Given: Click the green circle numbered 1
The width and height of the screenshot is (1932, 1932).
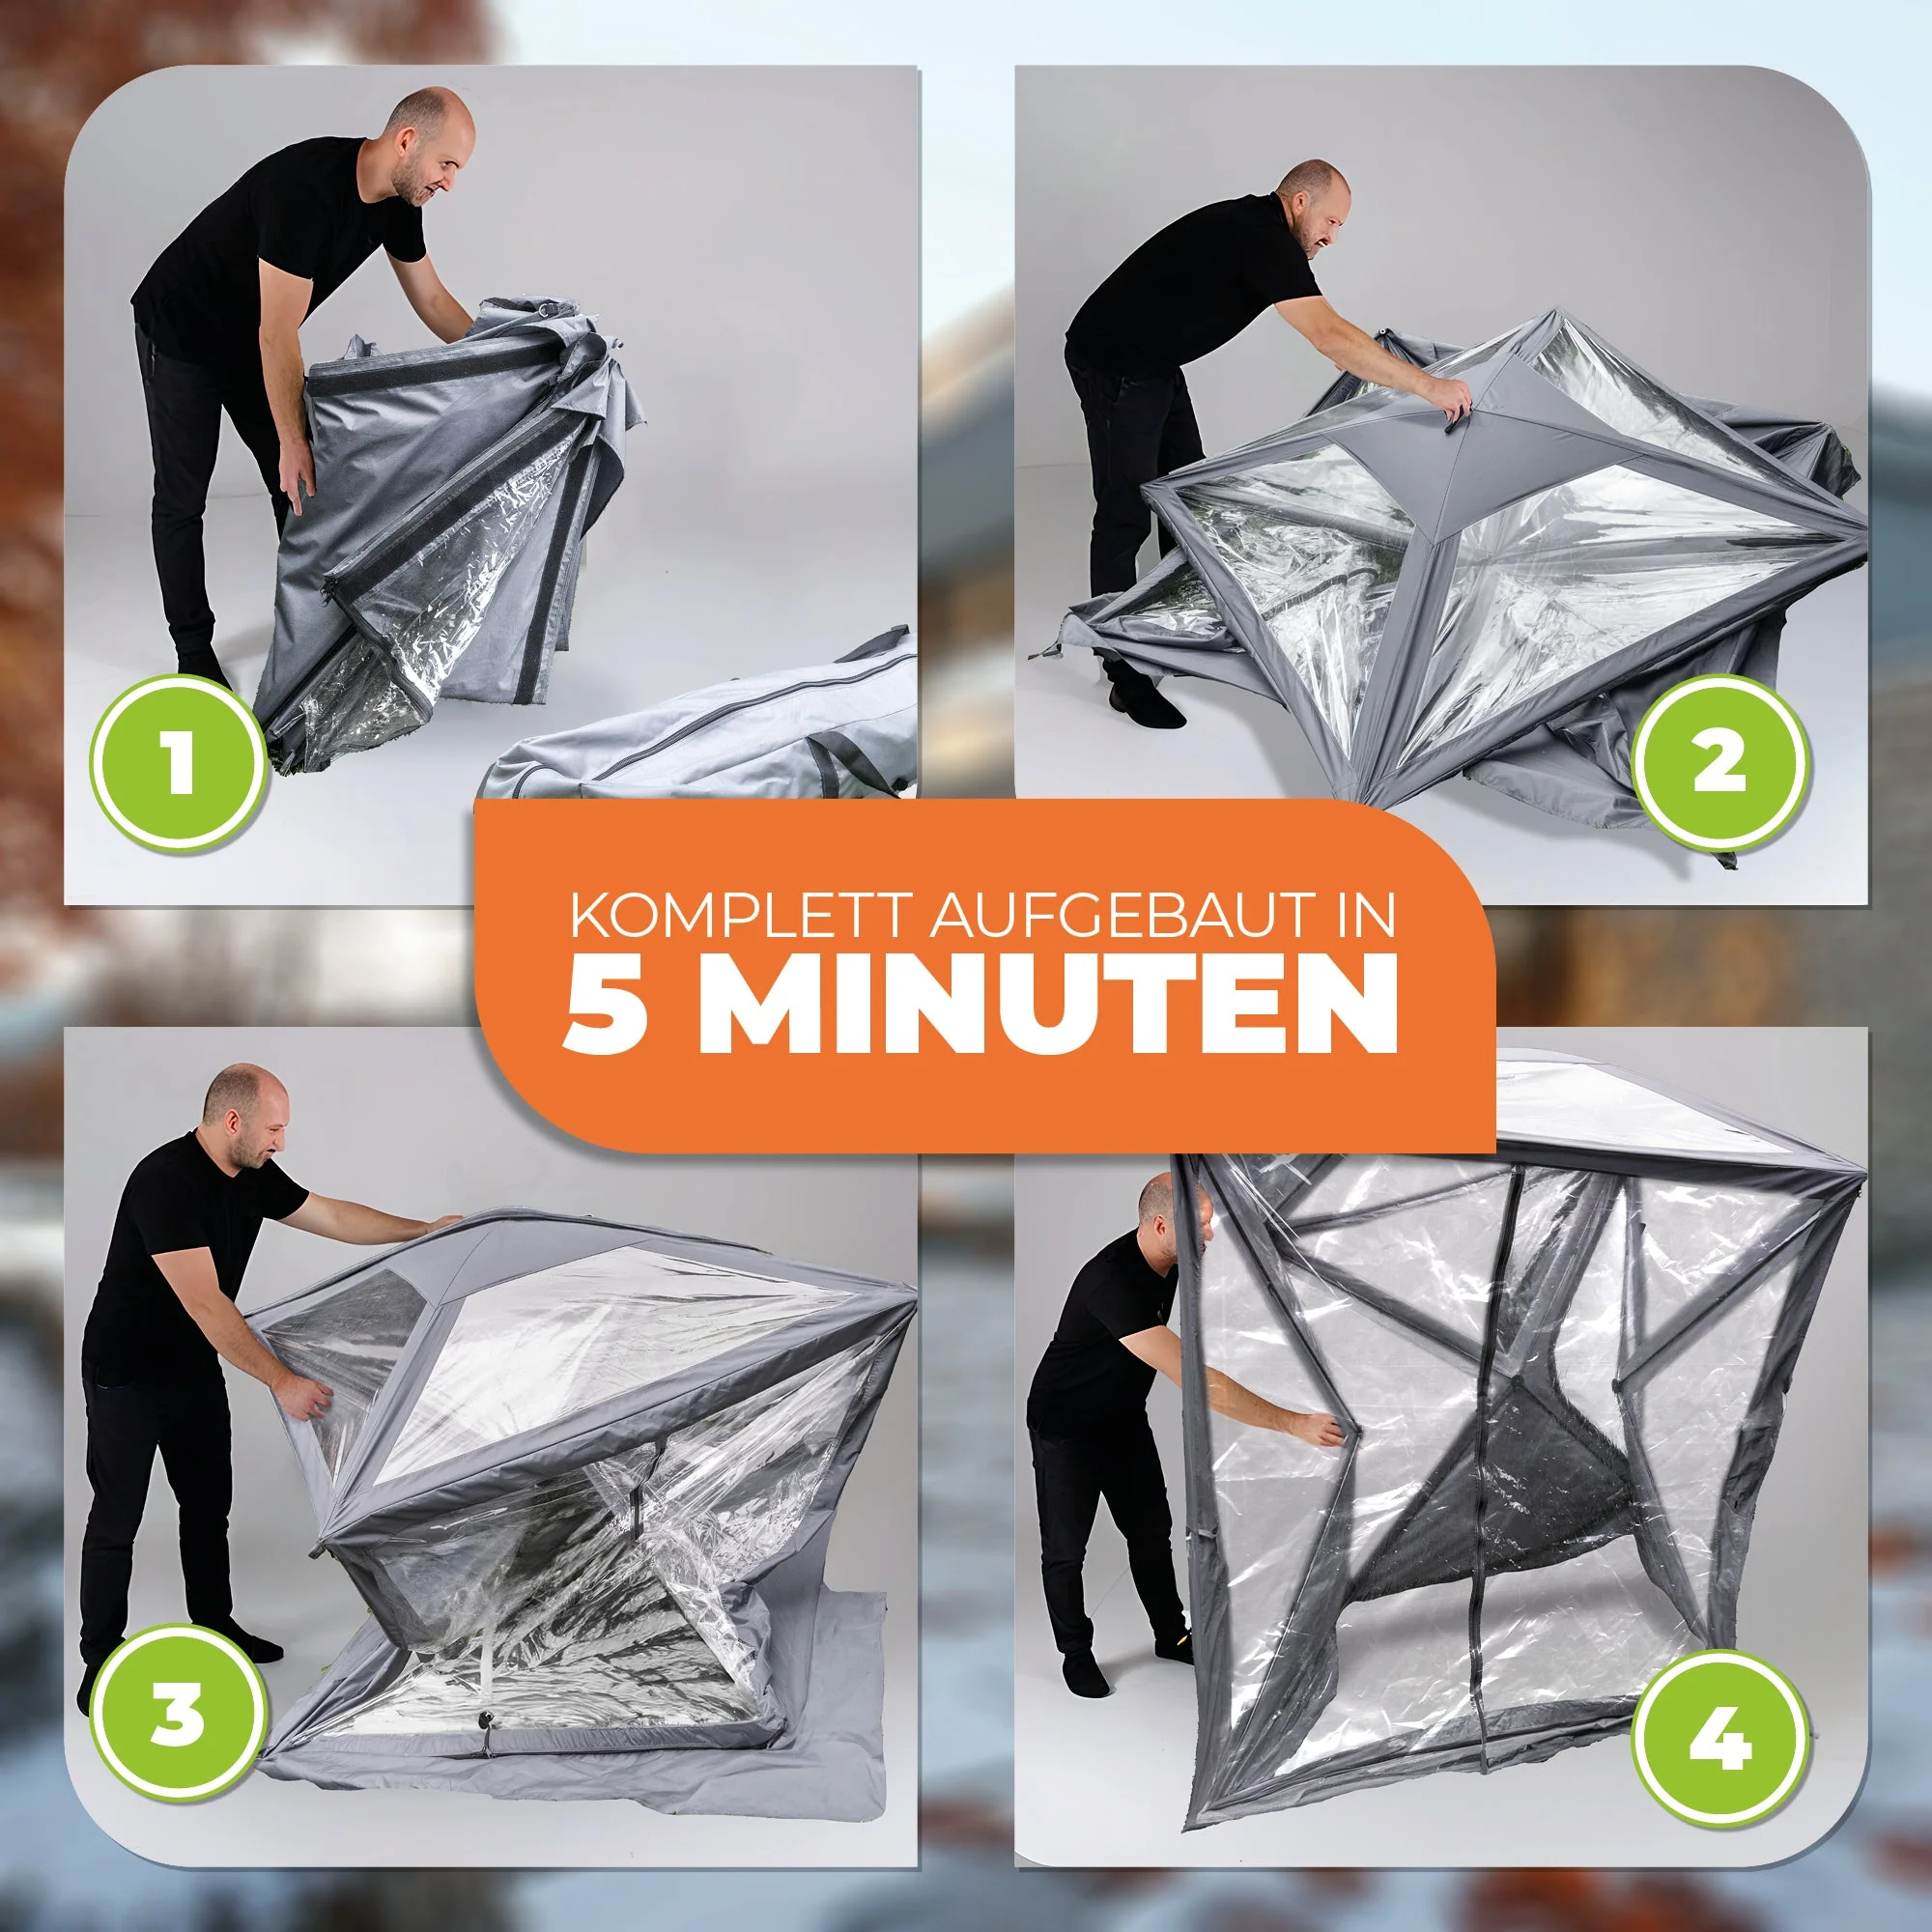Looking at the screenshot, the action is [x=180, y=763].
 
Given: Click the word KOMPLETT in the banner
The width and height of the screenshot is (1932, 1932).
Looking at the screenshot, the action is [x=739, y=916].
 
